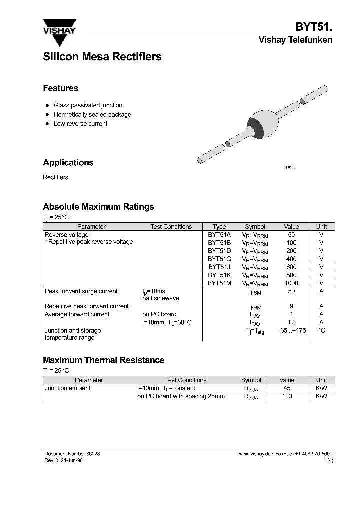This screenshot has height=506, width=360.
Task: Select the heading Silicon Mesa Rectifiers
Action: click(102, 57)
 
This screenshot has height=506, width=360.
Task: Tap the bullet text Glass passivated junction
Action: click(88, 105)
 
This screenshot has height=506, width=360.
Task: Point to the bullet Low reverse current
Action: click(80, 124)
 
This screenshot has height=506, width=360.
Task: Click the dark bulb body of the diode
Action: click(260, 127)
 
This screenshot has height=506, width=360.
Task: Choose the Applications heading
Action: click(68, 163)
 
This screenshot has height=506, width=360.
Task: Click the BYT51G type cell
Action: click(219, 259)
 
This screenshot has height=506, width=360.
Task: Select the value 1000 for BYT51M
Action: click(291, 283)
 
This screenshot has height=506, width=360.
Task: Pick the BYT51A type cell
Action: click(219, 235)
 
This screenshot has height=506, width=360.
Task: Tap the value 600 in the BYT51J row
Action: click(291, 267)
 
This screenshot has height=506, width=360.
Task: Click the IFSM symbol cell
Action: click(255, 292)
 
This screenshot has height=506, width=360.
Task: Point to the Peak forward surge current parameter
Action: click(81, 291)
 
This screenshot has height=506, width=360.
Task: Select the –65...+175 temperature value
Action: click(291, 331)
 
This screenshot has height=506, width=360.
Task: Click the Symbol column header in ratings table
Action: click(255, 227)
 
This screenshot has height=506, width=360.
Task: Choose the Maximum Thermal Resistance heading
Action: click(103, 360)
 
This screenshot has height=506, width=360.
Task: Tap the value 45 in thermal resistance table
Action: click(287, 388)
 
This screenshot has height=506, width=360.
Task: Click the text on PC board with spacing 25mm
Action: click(181, 396)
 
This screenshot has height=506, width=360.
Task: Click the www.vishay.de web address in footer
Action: click(255, 453)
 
